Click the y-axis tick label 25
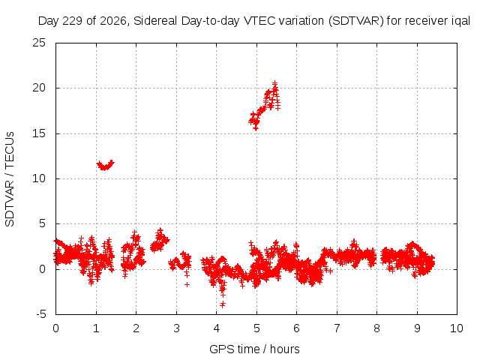tap(39, 43)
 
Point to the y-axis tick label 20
tap(39, 88)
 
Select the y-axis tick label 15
tap(39, 133)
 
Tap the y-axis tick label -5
tap(40, 314)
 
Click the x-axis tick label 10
tap(457, 328)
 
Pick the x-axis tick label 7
tap(337, 328)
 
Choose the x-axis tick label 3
tap(176, 328)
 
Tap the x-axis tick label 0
tap(55, 328)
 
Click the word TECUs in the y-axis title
tap(10, 150)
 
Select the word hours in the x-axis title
tap(284, 349)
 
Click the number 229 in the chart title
tap(73, 21)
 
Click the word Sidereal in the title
tap(156, 21)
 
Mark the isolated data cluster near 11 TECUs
tap(105, 165)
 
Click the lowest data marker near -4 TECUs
tap(223, 304)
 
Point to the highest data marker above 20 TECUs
tap(275, 83)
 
